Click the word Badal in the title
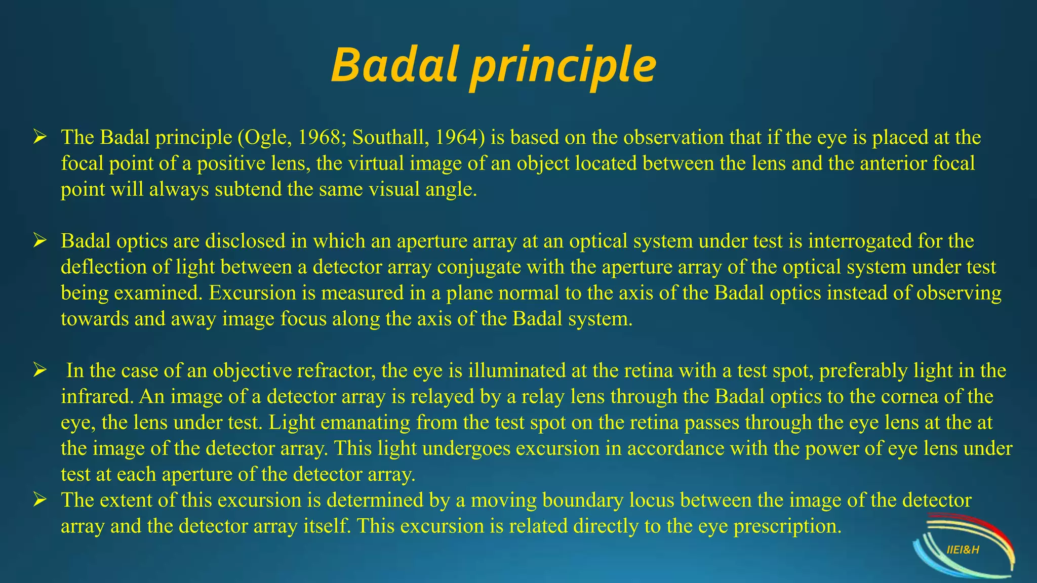point(392,66)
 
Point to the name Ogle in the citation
point(264,138)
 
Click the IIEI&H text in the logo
point(963,550)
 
